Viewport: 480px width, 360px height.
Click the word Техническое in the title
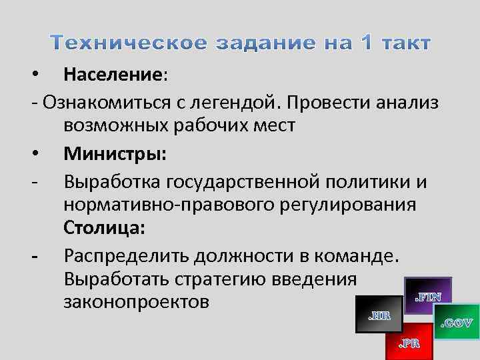tap(129, 43)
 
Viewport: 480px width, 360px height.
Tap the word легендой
tap(240, 101)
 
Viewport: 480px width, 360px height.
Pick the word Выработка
tap(112, 182)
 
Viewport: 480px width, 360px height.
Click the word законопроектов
tap(137, 302)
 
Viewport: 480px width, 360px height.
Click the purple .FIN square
tap(427, 295)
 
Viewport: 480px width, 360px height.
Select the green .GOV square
tap(457, 324)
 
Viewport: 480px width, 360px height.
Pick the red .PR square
tap(408, 342)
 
